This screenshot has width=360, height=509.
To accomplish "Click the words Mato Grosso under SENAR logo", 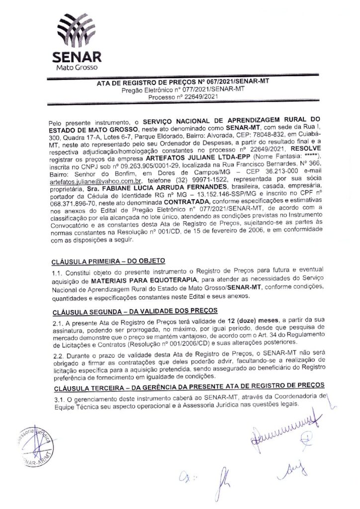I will [77, 67].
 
